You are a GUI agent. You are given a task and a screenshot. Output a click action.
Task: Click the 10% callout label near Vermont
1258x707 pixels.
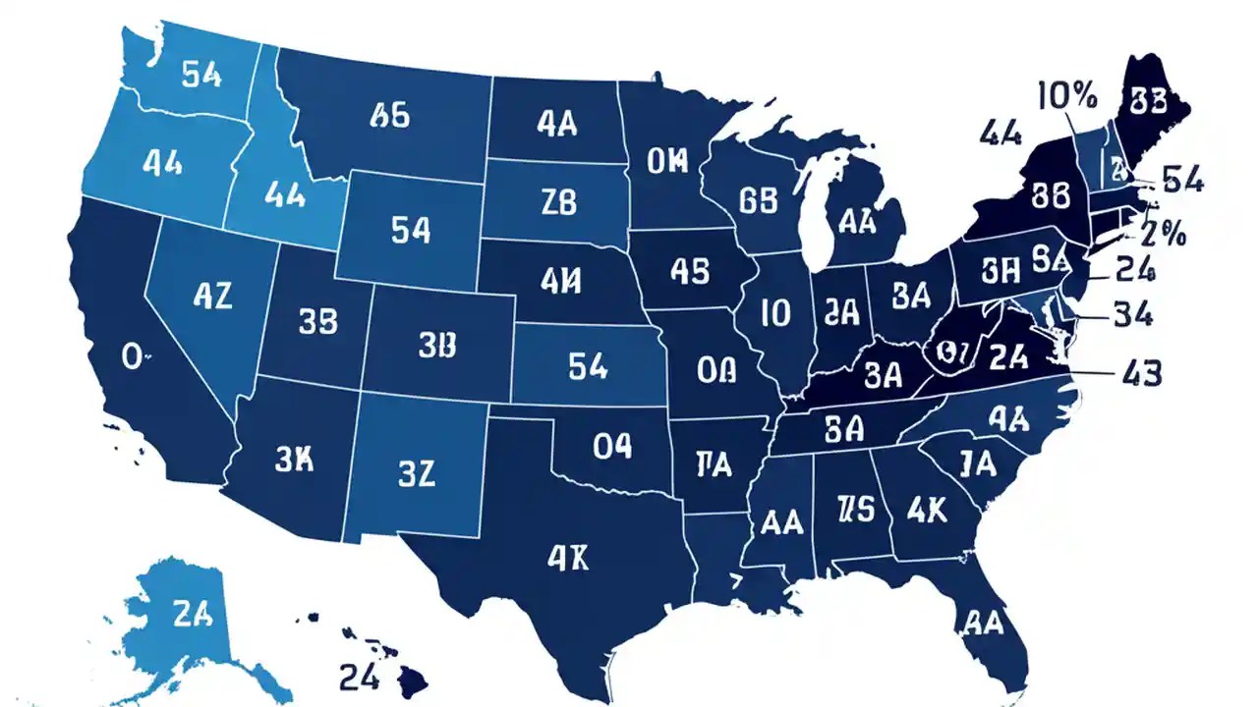tap(1066, 96)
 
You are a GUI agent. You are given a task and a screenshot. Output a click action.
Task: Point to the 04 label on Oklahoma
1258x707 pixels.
tap(611, 447)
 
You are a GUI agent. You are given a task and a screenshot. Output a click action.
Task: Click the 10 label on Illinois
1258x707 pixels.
tap(775, 313)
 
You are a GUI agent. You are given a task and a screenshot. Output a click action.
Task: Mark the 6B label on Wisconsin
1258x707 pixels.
tap(764, 199)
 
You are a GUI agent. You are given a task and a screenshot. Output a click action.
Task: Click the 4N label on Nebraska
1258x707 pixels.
tap(561, 281)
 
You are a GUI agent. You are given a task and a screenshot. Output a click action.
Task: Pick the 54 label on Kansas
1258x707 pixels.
tap(588, 367)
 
